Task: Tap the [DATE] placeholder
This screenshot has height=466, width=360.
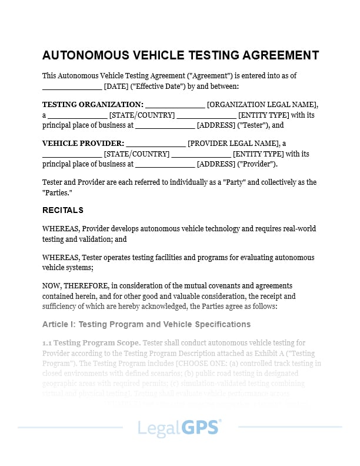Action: click(115, 86)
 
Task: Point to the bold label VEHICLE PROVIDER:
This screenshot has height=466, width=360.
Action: click(83, 143)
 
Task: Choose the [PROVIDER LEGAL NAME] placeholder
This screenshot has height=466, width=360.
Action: click(232, 143)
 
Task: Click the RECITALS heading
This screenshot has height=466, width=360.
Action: click(63, 210)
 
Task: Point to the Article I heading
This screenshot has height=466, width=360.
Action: click(146, 324)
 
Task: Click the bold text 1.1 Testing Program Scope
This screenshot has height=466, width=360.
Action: click(91, 343)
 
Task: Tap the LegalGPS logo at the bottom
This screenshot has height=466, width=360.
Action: click(179, 427)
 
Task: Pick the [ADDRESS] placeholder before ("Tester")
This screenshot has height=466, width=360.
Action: click(215, 125)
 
